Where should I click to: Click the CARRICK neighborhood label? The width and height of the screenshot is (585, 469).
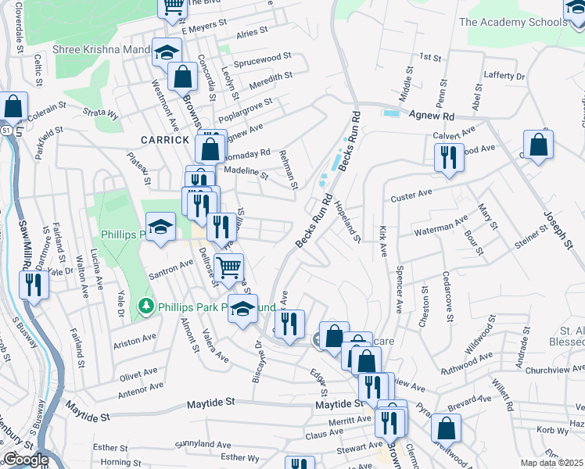(165, 139)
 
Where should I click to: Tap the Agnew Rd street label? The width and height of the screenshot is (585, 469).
(431, 115)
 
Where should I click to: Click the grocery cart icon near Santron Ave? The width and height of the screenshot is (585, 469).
(228, 268)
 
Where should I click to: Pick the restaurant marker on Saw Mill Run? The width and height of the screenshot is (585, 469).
(33, 285)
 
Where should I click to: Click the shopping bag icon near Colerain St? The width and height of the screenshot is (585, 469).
(13, 106)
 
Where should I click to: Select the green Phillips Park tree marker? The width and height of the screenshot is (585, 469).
(144, 306)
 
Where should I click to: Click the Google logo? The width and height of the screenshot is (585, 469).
(26, 460)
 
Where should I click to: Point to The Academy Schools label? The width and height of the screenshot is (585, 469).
(512, 22)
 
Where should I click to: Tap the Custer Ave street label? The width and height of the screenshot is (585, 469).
(411, 193)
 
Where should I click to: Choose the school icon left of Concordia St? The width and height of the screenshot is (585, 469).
(166, 52)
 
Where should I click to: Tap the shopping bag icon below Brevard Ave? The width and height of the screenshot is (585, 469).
(445, 429)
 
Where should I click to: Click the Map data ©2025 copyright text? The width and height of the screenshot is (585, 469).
(552, 463)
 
